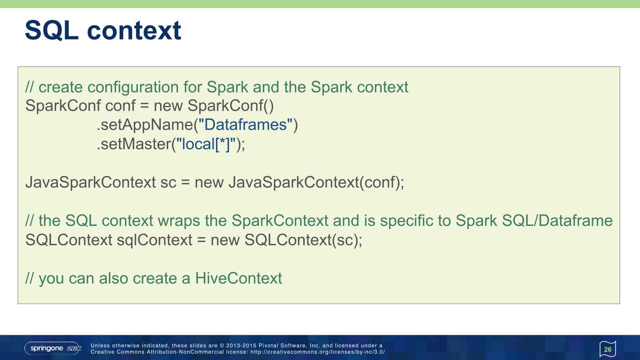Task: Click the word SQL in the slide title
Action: [52, 30]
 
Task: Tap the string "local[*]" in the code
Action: [205, 144]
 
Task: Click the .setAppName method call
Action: [145, 125]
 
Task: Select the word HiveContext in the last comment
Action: [238, 278]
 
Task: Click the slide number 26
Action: [608, 349]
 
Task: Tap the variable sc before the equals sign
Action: [168, 182]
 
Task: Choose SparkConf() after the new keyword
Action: [230, 106]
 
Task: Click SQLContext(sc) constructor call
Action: [302, 240]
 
